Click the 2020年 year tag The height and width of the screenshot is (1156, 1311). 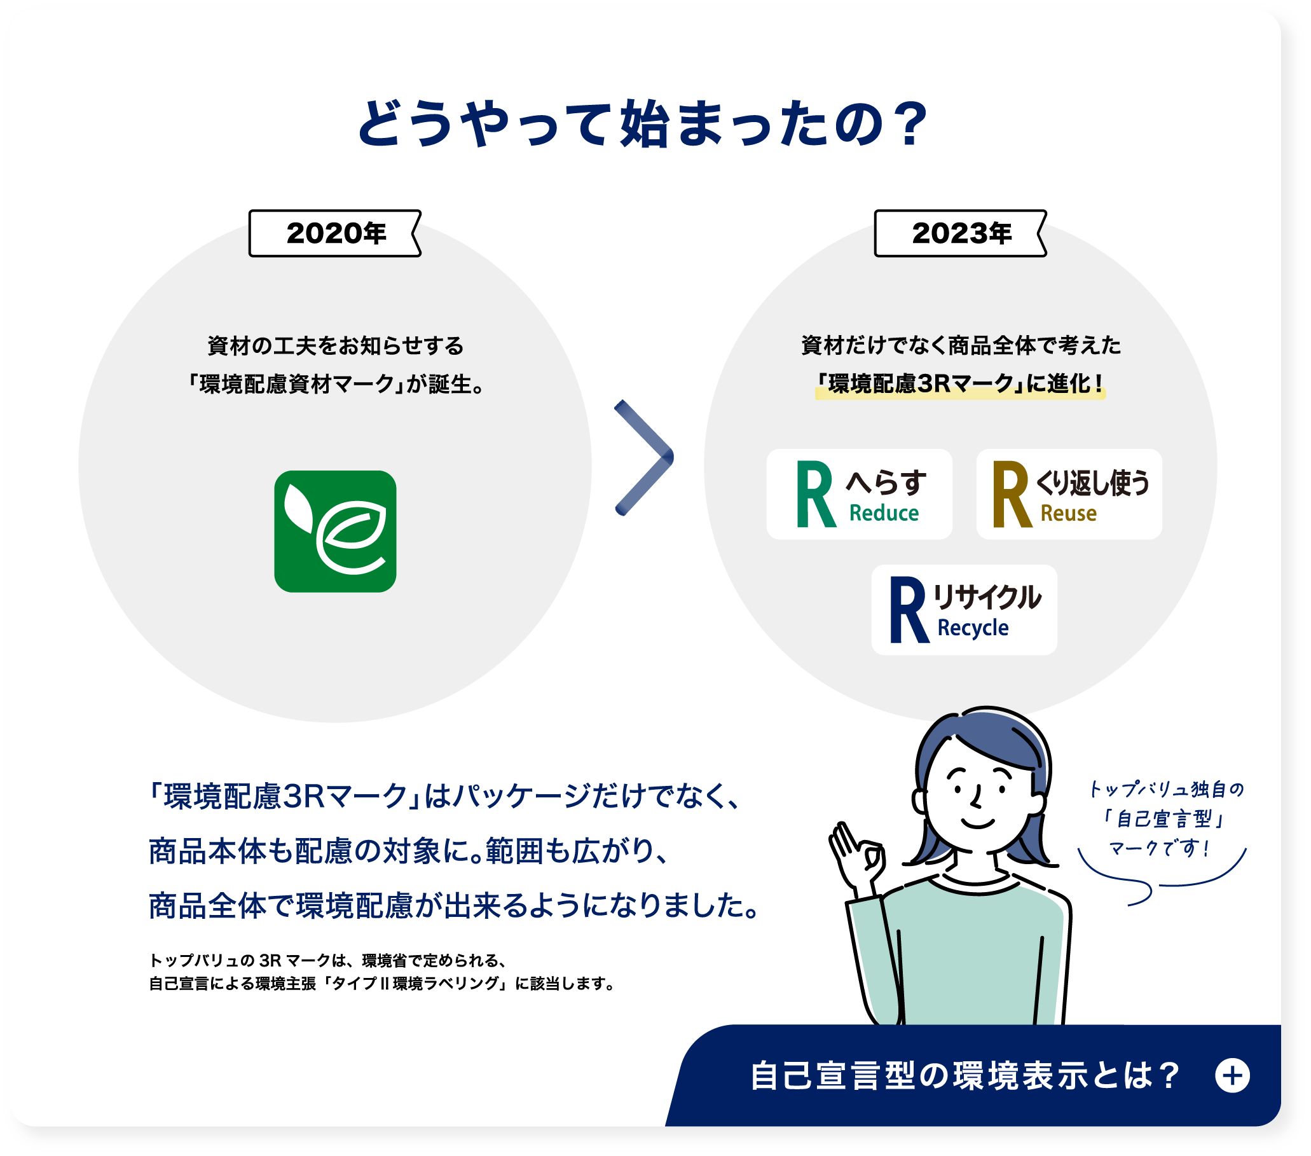tap(335, 233)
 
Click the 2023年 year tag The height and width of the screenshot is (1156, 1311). tap(960, 233)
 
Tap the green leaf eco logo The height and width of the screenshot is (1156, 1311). tap(335, 531)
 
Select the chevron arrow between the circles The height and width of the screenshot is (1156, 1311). tap(644, 457)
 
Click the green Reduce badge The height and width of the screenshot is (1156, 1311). tap(859, 494)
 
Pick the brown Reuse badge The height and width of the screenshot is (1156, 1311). tap(1069, 494)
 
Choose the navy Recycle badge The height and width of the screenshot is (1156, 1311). tap(963, 609)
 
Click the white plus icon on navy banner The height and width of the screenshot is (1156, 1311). tap(1232, 1076)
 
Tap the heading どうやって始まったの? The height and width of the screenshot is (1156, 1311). tap(642, 123)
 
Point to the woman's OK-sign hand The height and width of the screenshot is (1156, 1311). tap(856, 857)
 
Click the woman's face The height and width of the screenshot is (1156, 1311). tap(978, 795)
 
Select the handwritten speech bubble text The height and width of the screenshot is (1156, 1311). tap(1166, 818)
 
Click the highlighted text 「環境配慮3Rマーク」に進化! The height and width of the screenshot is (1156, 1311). tap(960, 383)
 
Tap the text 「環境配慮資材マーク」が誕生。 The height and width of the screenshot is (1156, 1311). tap(335, 384)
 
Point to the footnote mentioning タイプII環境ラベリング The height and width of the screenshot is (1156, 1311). tap(381, 984)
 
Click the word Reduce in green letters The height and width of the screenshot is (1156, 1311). tap(884, 513)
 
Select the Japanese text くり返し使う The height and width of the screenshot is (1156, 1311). tap(1092, 483)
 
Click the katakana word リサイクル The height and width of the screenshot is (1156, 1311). tap(987, 597)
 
